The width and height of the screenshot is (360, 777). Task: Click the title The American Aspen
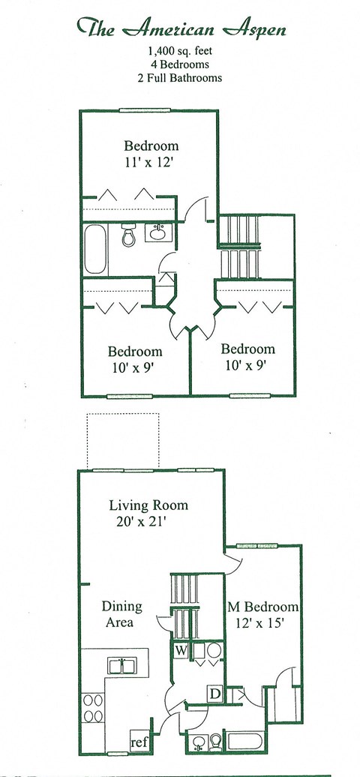181,28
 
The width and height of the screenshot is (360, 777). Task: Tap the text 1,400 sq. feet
181,50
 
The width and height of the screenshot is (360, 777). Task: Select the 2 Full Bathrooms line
181,78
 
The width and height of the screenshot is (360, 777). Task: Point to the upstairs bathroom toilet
129,235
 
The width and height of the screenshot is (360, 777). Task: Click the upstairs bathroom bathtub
95,249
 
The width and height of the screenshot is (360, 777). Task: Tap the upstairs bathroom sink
158,232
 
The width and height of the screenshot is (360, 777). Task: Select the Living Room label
148,506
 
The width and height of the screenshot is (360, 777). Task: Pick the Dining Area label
121,614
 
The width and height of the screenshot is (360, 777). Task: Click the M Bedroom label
262,607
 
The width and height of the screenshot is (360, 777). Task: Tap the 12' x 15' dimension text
262,622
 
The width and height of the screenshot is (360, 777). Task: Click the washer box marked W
181,650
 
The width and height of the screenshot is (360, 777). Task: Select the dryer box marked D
214,694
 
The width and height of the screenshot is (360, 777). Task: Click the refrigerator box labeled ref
139,742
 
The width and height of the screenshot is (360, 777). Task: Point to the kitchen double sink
122,665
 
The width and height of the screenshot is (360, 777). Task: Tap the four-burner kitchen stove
93,708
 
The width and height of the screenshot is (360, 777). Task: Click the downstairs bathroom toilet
216,742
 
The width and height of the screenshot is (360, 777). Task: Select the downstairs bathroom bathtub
247,742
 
